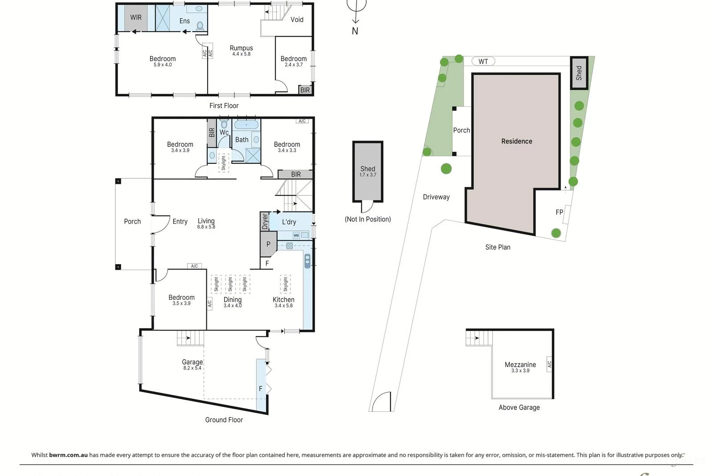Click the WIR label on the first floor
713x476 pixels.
point(135,17)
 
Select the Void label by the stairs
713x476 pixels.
point(297,20)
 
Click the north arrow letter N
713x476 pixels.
point(355,31)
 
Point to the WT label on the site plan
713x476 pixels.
point(483,62)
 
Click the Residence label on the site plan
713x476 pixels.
point(516,141)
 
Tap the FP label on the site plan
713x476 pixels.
point(559,212)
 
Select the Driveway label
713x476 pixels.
point(436,197)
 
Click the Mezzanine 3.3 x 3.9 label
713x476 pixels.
point(520,367)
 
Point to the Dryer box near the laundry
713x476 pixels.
point(265,221)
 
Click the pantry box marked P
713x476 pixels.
point(268,244)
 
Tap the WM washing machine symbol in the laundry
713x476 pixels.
point(296,235)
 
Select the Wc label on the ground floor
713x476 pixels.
point(224,132)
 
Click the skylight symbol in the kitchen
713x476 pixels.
point(285,284)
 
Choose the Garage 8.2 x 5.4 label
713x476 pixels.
point(192,364)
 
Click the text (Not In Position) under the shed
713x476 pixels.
point(368,219)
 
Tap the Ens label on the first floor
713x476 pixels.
point(184,21)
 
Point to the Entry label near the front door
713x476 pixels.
point(180,222)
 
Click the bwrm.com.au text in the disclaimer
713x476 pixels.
point(68,455)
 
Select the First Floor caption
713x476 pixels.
point(224,106)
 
